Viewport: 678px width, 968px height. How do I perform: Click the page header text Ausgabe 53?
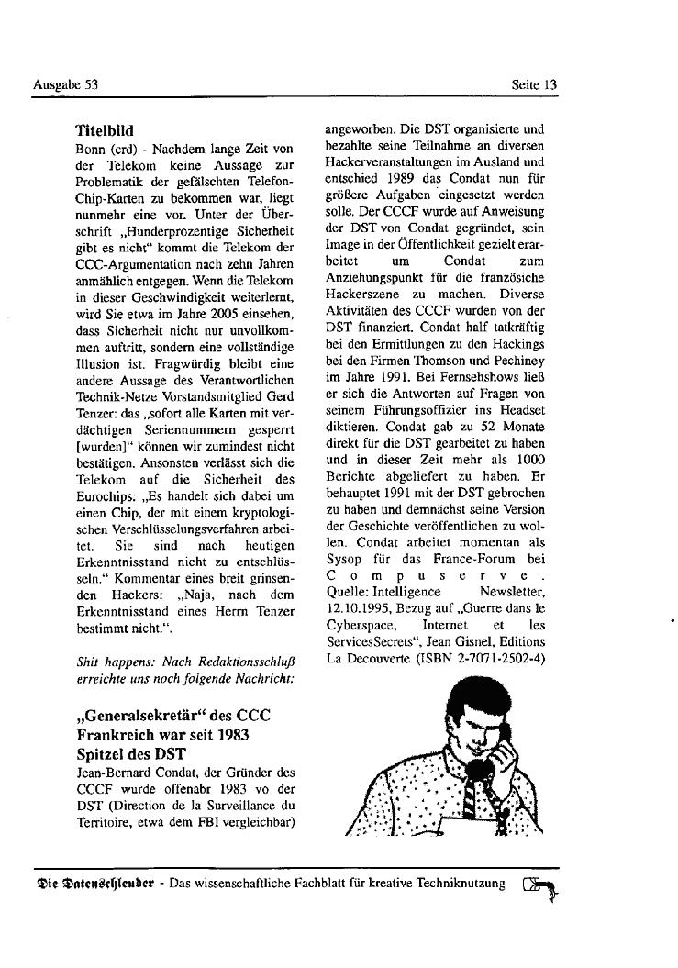click(x=65, y=85)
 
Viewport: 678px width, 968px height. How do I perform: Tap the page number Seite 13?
click(x=534, y=85)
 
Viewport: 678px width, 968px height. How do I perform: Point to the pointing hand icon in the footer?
click(x=539, y=886)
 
